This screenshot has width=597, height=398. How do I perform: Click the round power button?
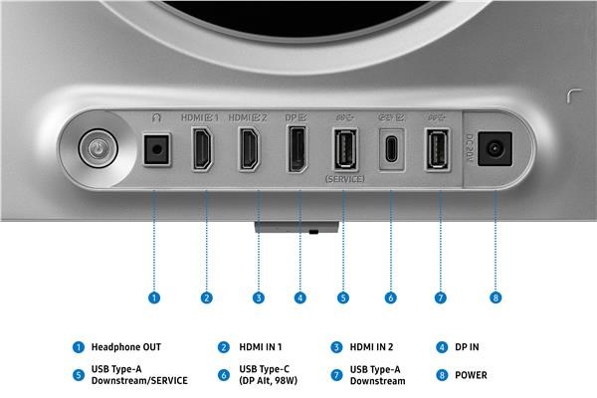(x=99, y=148)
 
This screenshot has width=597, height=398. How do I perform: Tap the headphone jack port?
(x=156, y=149)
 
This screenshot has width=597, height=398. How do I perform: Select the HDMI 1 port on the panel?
(x=202, y=148)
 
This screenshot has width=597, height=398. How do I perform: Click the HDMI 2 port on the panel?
(x=249, y=148)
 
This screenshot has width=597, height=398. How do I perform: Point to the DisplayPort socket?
(x=298, y=149)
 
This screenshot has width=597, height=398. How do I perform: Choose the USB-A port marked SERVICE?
(x=345, y=149)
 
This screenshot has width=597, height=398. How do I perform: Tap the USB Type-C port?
(x=392, y=149)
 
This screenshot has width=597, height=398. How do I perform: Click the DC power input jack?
(x=495, y=148)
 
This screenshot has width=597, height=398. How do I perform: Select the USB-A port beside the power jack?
(x=437, y=149)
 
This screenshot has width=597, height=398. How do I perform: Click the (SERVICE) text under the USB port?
(x=345, y=179)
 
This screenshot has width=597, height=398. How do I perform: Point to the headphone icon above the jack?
(x=156, y=117)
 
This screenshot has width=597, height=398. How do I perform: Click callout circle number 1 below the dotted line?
(x=154, y=298)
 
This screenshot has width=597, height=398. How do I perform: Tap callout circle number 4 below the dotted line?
(x=300, y=298)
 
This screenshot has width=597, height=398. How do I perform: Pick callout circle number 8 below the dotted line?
(x=496, y=298)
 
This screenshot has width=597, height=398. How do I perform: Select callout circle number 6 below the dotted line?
(x=390, y=298)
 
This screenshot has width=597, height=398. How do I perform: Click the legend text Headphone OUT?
(x=126, y=347)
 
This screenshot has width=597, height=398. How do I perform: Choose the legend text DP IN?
(x=467, y=347)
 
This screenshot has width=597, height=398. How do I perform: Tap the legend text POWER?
(x=471, y=375)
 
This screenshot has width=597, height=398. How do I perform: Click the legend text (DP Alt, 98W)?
(x=268, y=380)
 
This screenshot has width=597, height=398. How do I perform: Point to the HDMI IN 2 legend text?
(x=371, y=347)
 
